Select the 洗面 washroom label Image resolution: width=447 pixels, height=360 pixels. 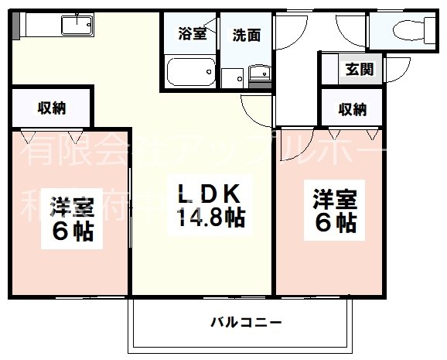246,33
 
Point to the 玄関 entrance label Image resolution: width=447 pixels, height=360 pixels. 360,68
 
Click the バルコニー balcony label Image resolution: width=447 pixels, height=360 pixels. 245,321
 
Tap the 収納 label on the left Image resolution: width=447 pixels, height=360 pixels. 52,108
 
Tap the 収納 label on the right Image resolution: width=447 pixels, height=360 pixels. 352,109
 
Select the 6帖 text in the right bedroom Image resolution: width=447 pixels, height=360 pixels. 335,222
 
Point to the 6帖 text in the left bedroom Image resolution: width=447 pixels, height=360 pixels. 73,231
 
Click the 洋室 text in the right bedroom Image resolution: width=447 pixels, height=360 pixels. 335,197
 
